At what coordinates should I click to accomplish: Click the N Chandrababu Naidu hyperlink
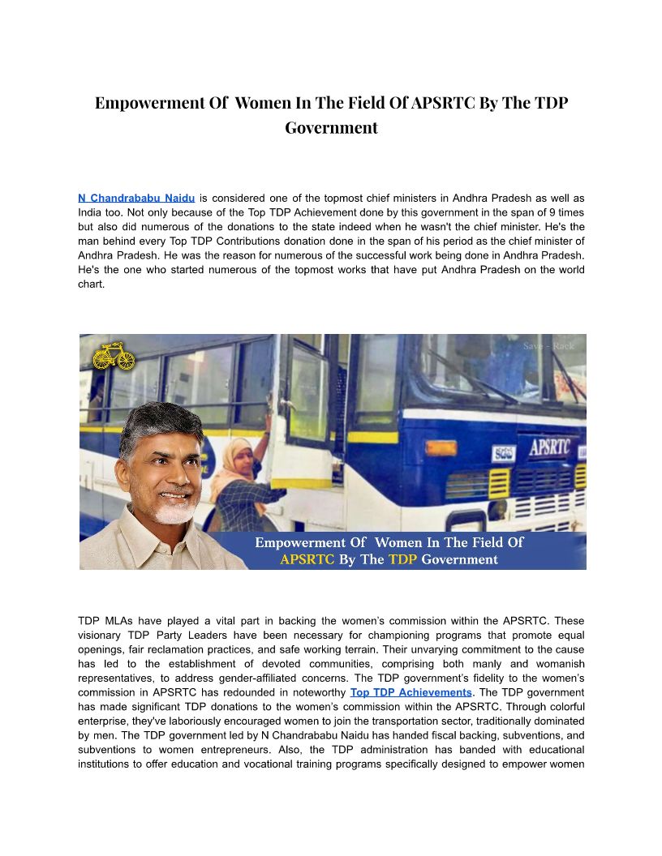[x=136, y=198]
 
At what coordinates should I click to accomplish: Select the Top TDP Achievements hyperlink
[x=411, y=692]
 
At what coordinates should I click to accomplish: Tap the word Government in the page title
[x=331, y=128]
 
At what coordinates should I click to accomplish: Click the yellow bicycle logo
[x=114, y=356]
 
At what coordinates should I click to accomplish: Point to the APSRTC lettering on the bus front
[x=549, y=447]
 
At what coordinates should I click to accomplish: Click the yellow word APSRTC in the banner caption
[x=307, y=559]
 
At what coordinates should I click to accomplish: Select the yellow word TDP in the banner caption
[x=402, y=559]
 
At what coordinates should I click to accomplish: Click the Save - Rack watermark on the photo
[x=548, y=346]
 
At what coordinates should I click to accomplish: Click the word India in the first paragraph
[x=93, y=212]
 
